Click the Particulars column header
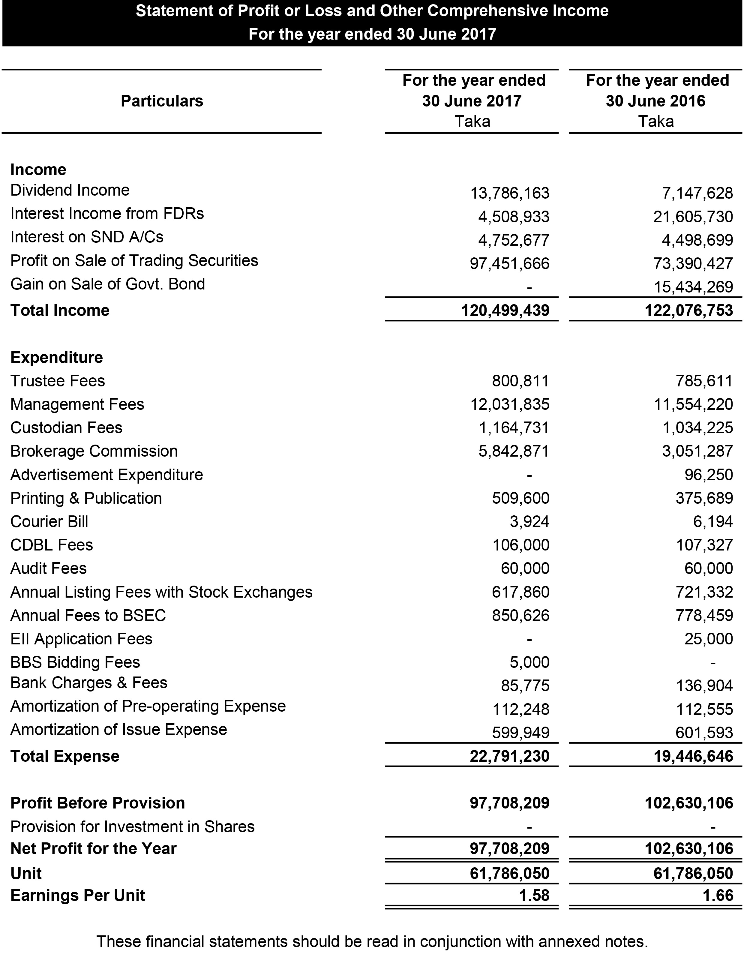click(x=162, y=101)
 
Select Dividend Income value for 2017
click(x=509, y=193)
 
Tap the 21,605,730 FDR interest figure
click(x=693, y=217)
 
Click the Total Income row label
click(x=60, y=310)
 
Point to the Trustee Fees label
click(x=58, y=381)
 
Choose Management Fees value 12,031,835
click(x=509, y=404)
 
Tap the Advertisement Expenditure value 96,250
click(x=708, y=475)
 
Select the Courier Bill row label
click(x=49, y=522)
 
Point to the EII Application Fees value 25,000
click(x=708, y=639)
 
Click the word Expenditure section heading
click(x=57, y=357)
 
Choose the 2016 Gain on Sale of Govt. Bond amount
click(x=693, y=287)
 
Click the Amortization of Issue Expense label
click(x=119, y=730)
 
